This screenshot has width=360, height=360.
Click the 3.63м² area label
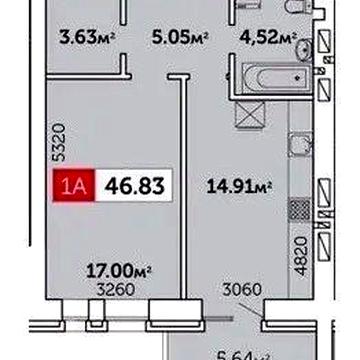[x=84, y=39]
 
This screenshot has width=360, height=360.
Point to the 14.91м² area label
[x=240, y=185]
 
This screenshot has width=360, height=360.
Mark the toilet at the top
[x=290, y=9]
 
